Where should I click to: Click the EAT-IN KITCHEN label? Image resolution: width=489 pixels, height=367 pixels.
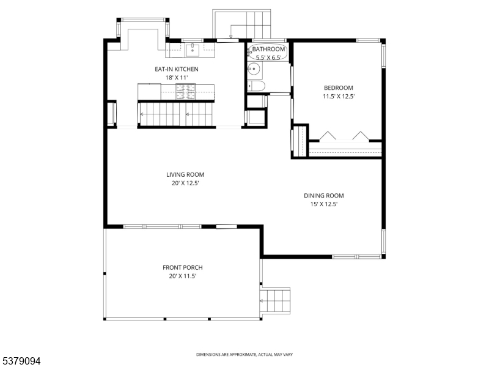[x=177, y=69]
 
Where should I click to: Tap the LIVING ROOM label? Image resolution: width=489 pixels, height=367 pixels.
[x=185, y=174]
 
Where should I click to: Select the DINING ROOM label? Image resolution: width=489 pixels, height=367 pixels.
[x=324, y=196]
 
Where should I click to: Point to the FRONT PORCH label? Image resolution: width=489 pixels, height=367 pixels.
[x=182, y=267]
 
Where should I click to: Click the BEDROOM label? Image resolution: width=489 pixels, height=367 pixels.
[x=339, y=88]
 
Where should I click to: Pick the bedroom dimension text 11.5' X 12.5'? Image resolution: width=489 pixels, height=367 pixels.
[x=339, y=97]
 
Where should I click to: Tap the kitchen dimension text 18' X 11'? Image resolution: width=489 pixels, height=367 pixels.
[x=177, y=78]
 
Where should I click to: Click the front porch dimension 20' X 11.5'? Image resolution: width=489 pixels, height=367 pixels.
[x=182, y=276]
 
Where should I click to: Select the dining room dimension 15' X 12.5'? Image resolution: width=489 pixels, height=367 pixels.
[x=324, y=204]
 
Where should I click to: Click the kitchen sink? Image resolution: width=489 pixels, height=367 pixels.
[x=193, y=50]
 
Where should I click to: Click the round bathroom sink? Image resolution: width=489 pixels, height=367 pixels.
[x=254, y=69]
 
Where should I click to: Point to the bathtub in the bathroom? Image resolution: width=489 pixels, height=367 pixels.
[x=268, y=53]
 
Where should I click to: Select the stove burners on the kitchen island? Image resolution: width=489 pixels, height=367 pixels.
[x=186, y=92]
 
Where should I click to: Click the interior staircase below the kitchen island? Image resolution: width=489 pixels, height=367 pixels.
[x=175, y=114]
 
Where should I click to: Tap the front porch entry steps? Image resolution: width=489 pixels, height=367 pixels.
[x=276, y=300]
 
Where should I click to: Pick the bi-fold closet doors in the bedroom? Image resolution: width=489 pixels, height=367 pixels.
[x=344, y=136]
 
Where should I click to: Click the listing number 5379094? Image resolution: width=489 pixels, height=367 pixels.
[x=21, y=361]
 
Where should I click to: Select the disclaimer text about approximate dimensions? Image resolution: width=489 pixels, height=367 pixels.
[x=244, y=355]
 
